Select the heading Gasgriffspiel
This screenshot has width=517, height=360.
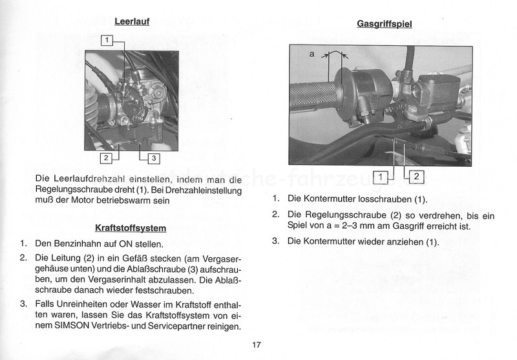coord(384,25)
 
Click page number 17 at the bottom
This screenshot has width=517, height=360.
coord(257,344)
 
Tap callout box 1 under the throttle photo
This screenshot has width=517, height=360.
coord(383,176)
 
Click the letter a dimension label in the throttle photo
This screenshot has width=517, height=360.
coord(311,55)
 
